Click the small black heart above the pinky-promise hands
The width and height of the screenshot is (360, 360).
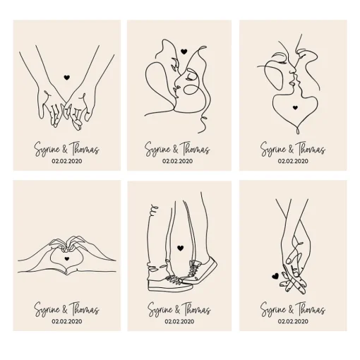pyautogui.click(x=67, y=78)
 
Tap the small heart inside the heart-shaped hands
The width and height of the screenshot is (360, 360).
pyautogui.click(x=67, y=258)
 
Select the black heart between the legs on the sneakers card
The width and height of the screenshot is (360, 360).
pyautogui.click(x=180, y=248)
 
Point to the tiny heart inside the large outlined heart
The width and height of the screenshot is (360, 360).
pyautogui.click(x=295, y=107)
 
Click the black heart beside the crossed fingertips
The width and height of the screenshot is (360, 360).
pyautogui.click(x=275, y=276)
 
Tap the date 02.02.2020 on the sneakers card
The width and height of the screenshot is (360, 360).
pyautogui.click(x=179, y=321)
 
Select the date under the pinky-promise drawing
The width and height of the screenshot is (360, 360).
pyautogui.click(x=67, y=161)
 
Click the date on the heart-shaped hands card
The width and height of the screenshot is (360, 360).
pyautogui.click(x=67, y=321)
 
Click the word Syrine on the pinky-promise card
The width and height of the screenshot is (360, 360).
pyautogui.click(x=47, y=150)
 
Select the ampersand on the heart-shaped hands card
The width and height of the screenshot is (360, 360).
pyautogui.click(x=65, y=310)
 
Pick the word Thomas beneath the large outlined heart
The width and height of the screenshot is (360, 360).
pyautogui.click(x=311, y=149)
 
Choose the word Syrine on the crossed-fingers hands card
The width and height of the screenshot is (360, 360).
pyautogui.click(x=273, y=309)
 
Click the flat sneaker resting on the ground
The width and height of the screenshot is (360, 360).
pyautogui.click(x=169, y=282)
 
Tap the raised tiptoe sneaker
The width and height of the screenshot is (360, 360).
pyautogui.click(x=199, y=270)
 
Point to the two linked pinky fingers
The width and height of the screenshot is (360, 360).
pyautogui.click(x=66, y=104)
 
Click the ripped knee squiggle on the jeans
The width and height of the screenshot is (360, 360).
pyautogui.click(x=154, y=209)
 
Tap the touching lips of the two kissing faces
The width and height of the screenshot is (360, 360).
pyautogui.click(x=294, y=80)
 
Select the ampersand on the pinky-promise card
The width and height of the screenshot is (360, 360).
pyautogui.click(x=65, y=150)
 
